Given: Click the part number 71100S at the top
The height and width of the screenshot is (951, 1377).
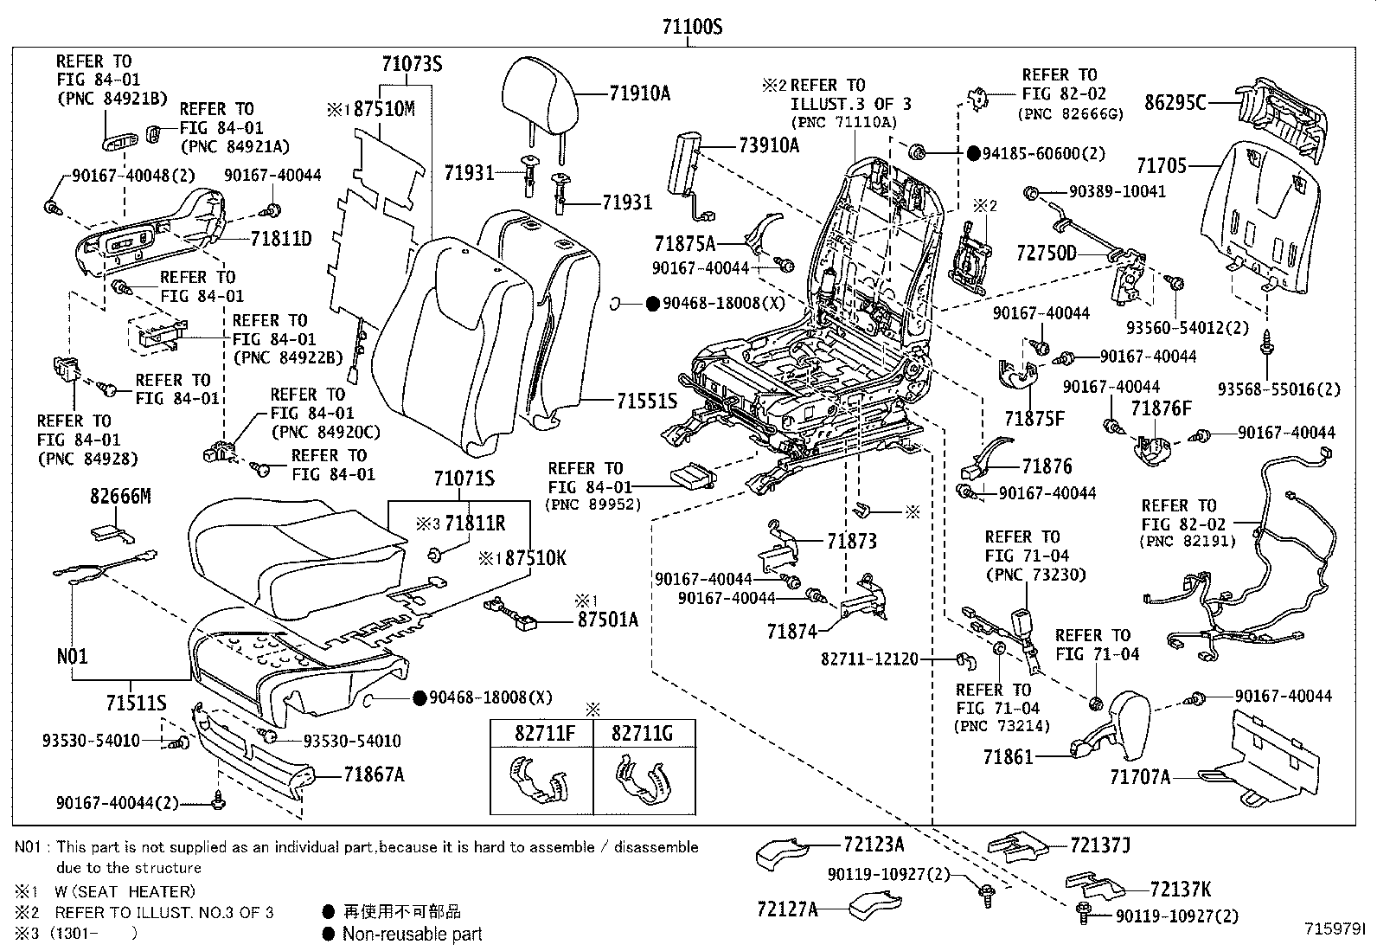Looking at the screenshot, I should click(692, 27).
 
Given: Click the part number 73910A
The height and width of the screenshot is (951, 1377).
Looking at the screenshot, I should click(769, 145).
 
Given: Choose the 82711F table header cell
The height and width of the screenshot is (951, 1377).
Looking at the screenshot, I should click(541, 734).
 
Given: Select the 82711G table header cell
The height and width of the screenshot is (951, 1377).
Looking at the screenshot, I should click(642, 734).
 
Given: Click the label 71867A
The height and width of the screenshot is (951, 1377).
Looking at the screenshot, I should click(374, 774).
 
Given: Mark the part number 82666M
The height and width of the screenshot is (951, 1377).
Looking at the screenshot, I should click(120, 496).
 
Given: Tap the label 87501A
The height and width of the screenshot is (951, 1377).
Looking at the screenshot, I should click(608, 619).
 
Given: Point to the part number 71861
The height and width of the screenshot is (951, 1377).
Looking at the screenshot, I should click(1008, 757).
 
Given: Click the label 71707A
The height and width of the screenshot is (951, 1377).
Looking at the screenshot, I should click(1140, 777).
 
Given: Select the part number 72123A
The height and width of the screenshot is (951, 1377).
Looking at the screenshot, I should click(874, 844).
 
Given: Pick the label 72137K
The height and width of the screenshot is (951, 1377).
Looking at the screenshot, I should click(1181, 889).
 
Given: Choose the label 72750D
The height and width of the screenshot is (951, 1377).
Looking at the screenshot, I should click(1047, 254).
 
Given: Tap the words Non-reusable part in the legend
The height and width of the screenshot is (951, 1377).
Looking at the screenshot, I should click(412, 934).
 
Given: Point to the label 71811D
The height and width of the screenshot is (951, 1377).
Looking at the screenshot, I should click(281, 238).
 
